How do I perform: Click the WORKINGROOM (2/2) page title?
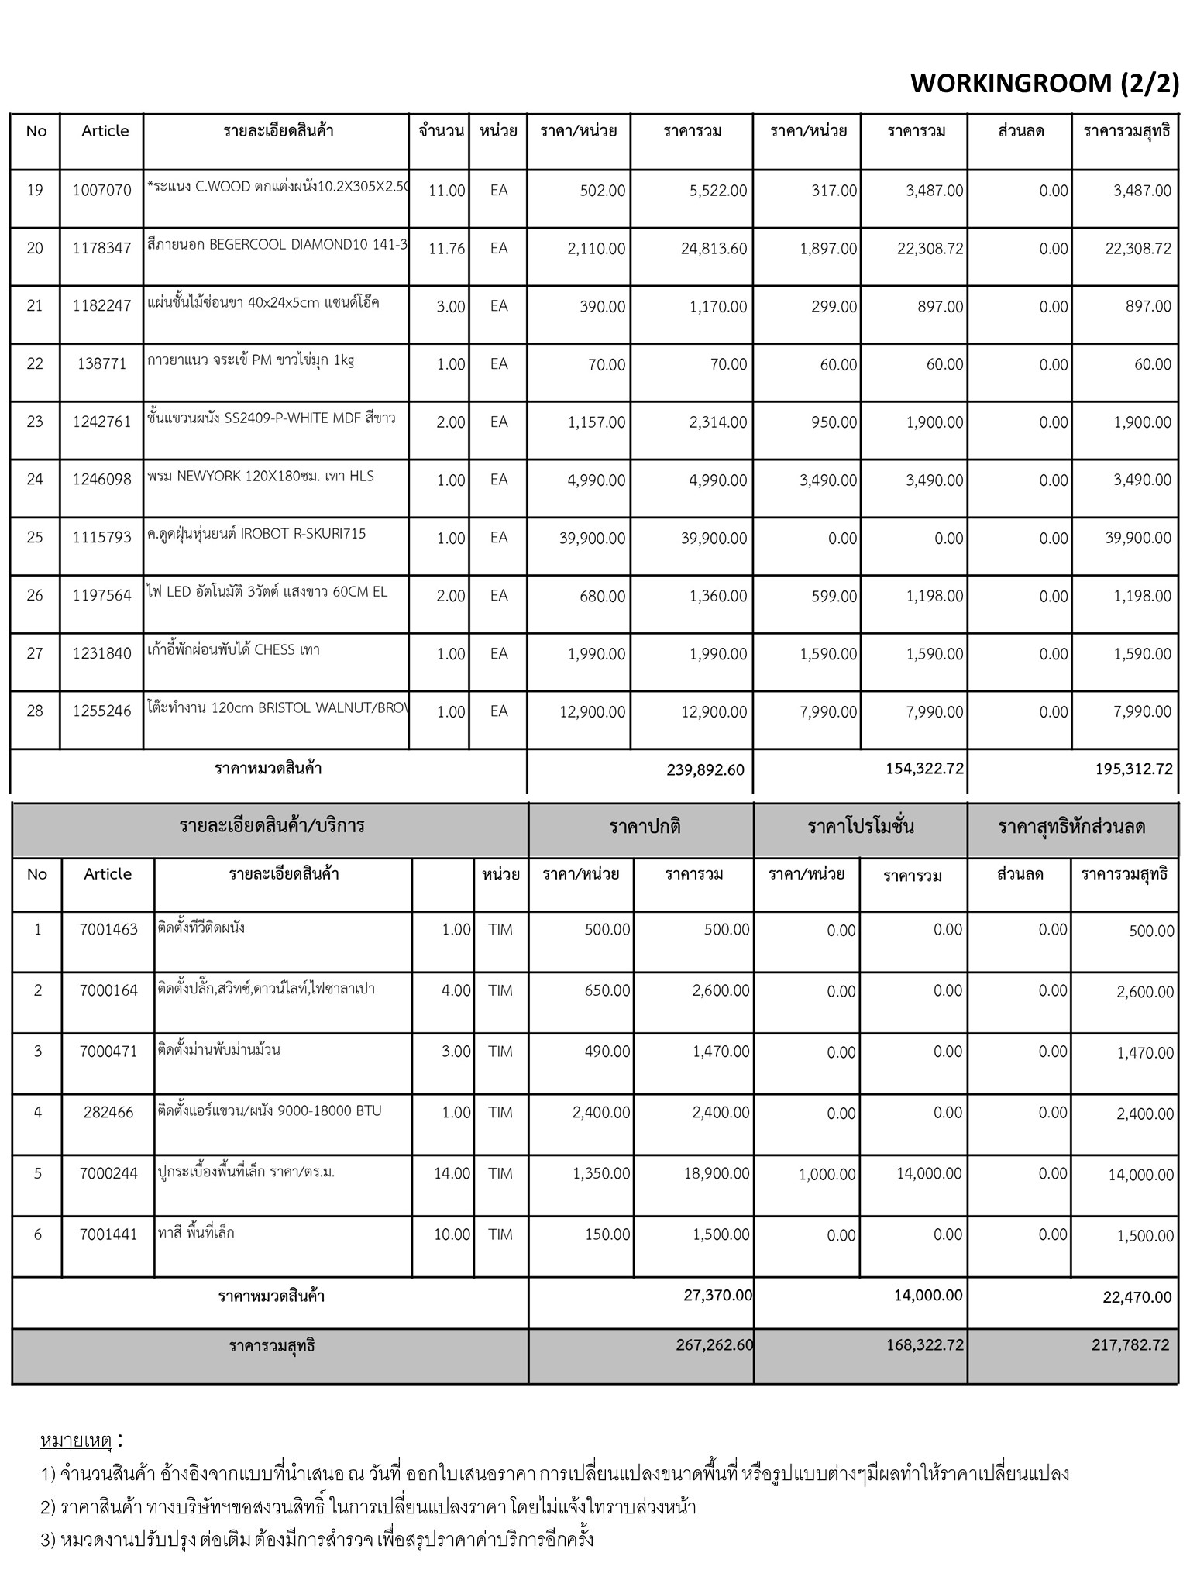click(1044, 83)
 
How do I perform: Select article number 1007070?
click(102, 191)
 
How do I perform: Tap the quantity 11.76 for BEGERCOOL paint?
click(446, 249)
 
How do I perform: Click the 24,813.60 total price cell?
click(714, 249)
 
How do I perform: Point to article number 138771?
click(102, 364)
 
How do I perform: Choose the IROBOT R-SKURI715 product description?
click(256, 534)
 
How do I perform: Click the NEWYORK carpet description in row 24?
click(260, 476)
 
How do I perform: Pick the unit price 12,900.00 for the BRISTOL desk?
click(592, 712)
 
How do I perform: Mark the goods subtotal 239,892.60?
click(705, 770)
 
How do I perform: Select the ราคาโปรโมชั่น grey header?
click(860, 827)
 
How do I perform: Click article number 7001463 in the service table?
click(108, 930)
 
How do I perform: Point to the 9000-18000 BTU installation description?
click(270, 1110)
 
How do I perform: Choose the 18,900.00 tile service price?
click(717, 1174)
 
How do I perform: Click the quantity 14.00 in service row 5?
click(452, 1174)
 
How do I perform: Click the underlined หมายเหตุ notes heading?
click(76, 1441)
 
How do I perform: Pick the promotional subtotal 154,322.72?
click(924, 769)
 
